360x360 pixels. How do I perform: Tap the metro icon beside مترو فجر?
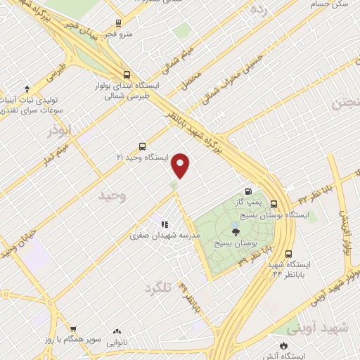click(x=117, y=22)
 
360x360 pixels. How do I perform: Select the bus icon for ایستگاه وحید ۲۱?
click(x=143, y=148)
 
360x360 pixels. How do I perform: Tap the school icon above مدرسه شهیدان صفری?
click(x=164, y=224)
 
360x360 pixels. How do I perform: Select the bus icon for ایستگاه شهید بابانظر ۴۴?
click(x=288, y=254)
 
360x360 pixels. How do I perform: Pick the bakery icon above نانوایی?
click(x=117, y=331)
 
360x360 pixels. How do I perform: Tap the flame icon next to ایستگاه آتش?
click(x=283, y=345)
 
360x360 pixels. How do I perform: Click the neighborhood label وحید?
click(x=111, y=194)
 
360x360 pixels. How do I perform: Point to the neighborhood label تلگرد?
click(x=158, y=288)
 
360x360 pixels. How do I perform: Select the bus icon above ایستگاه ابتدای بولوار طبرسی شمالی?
click(x=126, y=75)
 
